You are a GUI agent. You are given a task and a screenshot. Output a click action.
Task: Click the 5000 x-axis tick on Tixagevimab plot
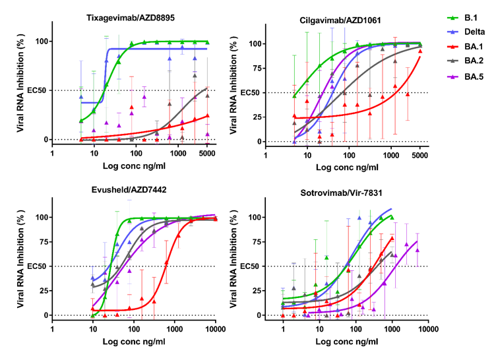coord(207,154)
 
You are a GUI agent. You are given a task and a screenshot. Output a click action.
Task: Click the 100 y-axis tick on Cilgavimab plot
coord(254,44)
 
